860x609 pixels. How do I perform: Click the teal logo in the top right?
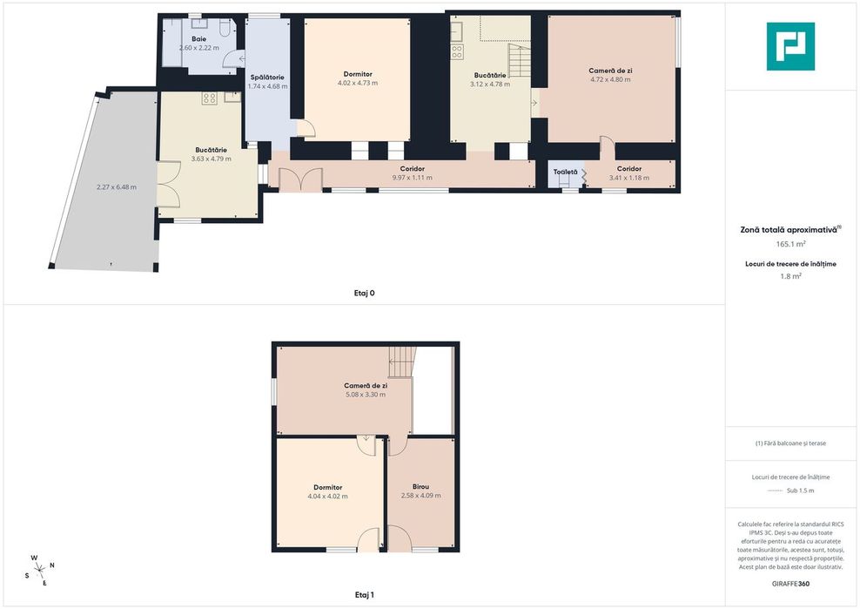[x=790, y=46]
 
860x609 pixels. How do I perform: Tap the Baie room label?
[x=198, y=39]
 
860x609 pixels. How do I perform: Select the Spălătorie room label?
[x=267, y=78]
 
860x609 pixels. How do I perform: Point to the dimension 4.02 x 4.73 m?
[x=358, y=83]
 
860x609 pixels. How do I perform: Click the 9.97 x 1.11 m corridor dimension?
[x=412, y=178]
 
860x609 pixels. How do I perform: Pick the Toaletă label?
[x=566, y=172]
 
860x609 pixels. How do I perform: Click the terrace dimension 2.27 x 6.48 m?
[x=117, y=186]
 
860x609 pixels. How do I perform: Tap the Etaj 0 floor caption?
[x=364, y=293]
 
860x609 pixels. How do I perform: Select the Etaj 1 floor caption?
[x=364, y=595]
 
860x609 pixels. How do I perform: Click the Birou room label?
[x=420, y=486]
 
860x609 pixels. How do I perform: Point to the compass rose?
[x=40, y=571]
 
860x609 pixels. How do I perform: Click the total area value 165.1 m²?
[x=790, y=244]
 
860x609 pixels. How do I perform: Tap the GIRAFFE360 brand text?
[x=790, y=584]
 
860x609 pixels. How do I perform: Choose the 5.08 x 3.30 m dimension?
[x=366, y=395]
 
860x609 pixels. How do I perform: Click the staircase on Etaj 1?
[x=401, y=362]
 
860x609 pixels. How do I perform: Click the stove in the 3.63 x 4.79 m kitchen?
[x=209, y=98]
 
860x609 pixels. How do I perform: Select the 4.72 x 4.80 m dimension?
[x=610, y=79]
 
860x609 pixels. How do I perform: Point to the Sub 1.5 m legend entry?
[x=800, y=491]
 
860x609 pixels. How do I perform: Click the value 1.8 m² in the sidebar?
[x=790, y=276]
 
